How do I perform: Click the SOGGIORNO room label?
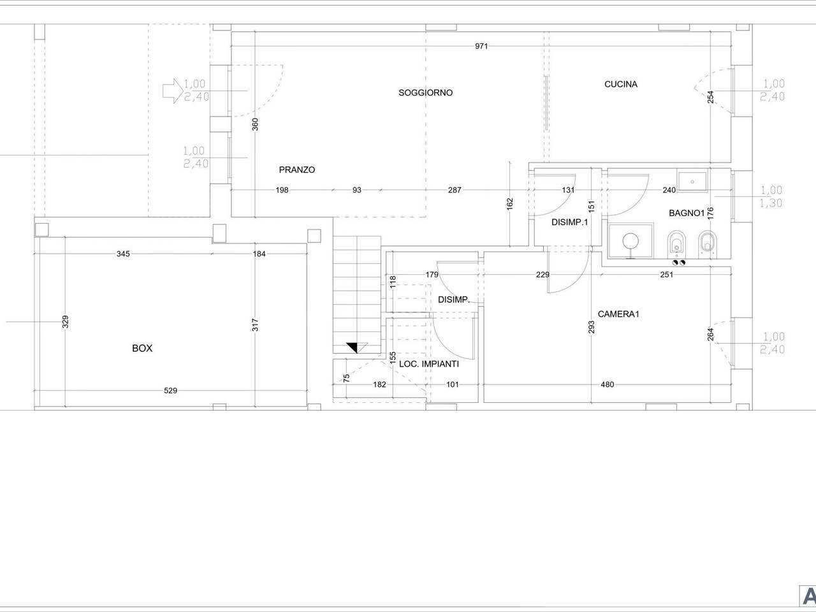point(426,92)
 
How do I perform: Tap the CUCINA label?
point(621,84)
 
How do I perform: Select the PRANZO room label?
point(297,170)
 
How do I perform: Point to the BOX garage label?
point(142,348)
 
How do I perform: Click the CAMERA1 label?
point(618,314)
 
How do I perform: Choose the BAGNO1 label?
point(687,213)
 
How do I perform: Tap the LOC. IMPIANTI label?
point(429,364)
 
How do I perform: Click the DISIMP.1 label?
point(569,222)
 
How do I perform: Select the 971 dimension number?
point(481,46)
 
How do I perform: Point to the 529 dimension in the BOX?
point(171,391)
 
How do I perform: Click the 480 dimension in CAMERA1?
point(607,384)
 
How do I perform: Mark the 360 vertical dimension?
point(255,124)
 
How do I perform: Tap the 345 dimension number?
point(123,254)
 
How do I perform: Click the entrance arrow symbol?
point(173,91)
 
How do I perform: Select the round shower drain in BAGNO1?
point(631,241)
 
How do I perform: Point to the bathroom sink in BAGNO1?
point(692,182)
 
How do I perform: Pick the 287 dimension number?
point(455,190)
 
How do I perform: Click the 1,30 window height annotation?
point(771,203)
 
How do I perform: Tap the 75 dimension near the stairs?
point(346,378)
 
